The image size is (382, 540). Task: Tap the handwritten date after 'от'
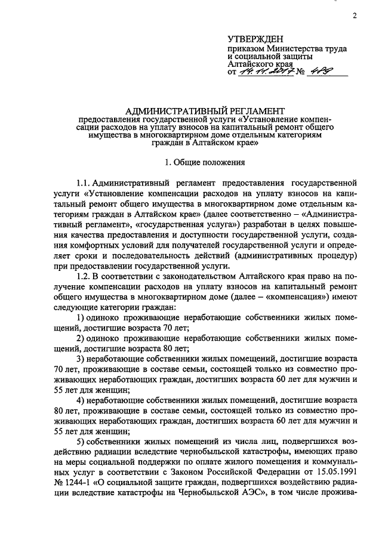click(263, 73)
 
